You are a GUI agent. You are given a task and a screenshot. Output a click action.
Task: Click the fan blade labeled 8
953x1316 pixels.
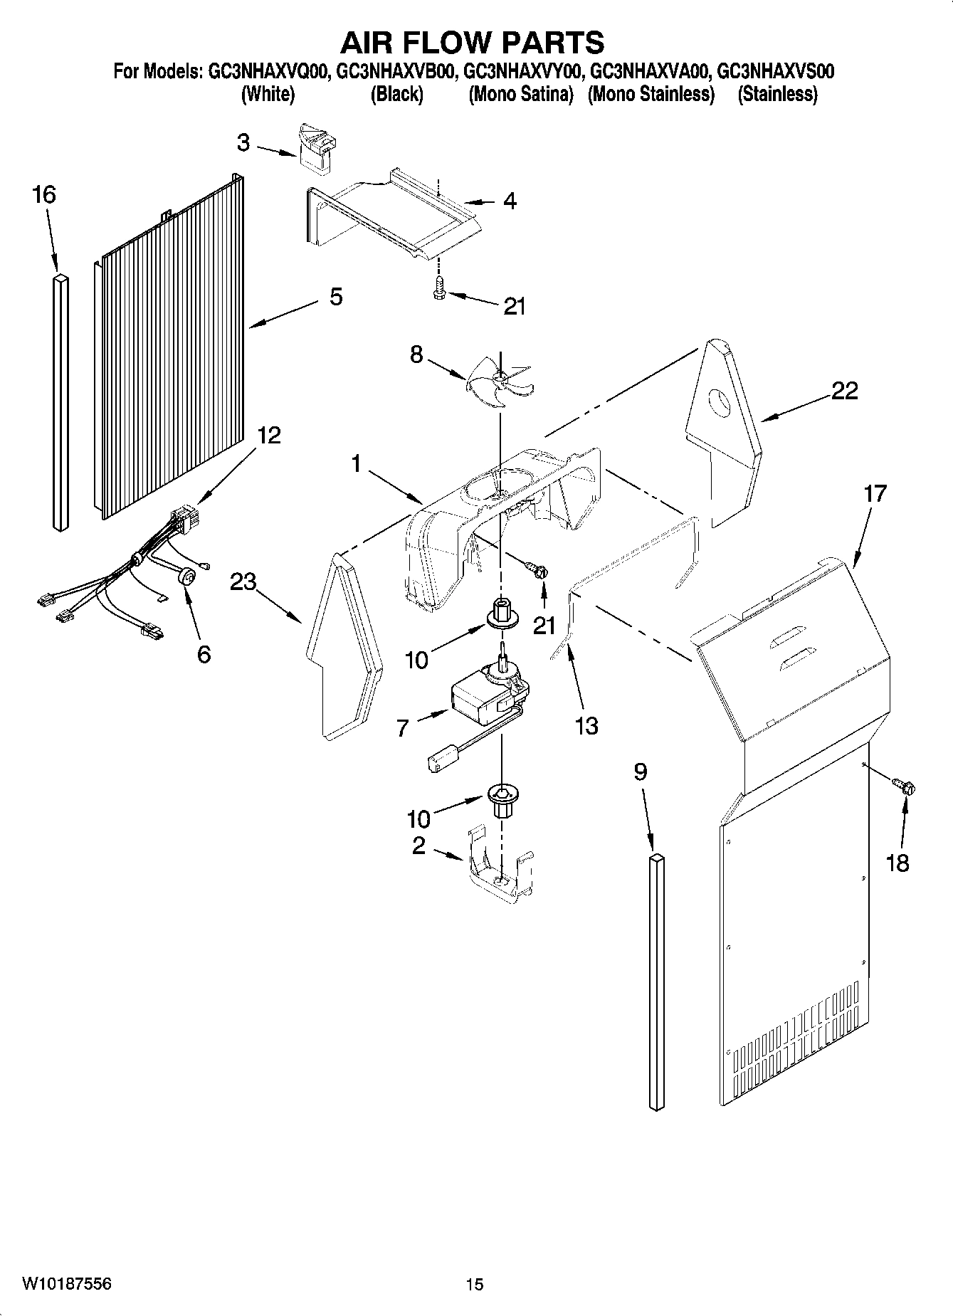(x=500, y=385)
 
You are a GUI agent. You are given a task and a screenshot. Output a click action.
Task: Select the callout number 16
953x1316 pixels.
(x=44, y=195)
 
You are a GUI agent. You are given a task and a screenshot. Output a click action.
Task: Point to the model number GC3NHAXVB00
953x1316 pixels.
(x=395, y=72)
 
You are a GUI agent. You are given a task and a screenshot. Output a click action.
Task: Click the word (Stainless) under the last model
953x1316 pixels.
(x=777, y=94)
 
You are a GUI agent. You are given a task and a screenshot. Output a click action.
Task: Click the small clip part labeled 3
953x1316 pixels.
(x=315, y=148)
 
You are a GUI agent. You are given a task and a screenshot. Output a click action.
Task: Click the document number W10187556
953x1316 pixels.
(x=66, y=1283)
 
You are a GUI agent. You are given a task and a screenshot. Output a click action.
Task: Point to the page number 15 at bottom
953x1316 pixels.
(x=475, y=1284)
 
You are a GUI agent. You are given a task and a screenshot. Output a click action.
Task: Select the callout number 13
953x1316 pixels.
(x=586, y=725)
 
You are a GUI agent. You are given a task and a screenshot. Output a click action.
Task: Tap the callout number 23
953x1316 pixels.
(x=243, y=581)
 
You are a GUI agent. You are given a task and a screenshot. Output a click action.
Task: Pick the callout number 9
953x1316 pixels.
(x=641, y=772)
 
